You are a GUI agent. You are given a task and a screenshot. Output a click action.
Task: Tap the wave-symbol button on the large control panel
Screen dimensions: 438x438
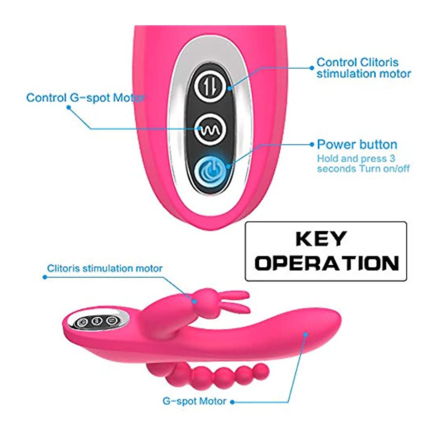pos(210,129)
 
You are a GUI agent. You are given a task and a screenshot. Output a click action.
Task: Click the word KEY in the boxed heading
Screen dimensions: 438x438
pos(321,238)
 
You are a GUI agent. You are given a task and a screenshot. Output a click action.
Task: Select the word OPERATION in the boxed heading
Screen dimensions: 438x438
pos(327,263)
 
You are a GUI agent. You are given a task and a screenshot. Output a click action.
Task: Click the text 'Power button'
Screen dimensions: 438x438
pos(357,145)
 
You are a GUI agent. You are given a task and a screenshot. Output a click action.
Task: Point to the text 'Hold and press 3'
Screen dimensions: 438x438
pos(356,158)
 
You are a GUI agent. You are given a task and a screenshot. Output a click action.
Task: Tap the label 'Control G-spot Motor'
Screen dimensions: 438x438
pos(85,98)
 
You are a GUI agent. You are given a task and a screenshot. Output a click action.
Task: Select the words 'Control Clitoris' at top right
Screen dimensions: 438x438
pos(357,62)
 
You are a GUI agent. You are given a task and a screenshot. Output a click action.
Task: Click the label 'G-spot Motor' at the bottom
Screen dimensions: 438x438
pos(194,401)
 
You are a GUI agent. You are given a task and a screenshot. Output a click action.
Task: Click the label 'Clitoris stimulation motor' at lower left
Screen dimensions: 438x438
pos(105,269)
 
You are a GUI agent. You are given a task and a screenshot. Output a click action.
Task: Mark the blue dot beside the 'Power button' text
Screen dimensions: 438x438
pos(312,145)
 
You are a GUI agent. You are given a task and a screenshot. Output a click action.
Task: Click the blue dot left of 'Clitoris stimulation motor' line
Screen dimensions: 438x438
pos(45,277)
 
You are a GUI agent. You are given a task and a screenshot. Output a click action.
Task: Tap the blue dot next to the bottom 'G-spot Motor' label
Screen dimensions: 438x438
pos(232,402)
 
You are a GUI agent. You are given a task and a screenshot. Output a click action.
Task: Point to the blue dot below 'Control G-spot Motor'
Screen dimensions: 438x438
pos(69,107)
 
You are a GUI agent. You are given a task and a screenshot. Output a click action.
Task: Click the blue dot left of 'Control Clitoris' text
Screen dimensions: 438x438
pos(312,68)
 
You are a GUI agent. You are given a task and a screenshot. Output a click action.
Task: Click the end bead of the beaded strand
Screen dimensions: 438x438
pos(262,371)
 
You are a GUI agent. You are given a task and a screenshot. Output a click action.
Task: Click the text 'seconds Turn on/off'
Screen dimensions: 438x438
pos(363,169)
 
